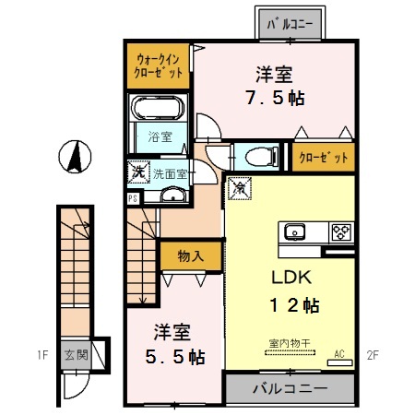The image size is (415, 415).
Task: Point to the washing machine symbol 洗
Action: [136, 171]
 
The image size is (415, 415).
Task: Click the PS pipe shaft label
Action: [134, 197]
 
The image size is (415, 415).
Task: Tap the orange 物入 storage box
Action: [190, 256]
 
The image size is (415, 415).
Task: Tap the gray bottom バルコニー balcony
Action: [290, 388]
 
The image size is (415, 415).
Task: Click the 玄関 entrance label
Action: [75, 353]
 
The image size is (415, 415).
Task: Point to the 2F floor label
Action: [373, 353]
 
